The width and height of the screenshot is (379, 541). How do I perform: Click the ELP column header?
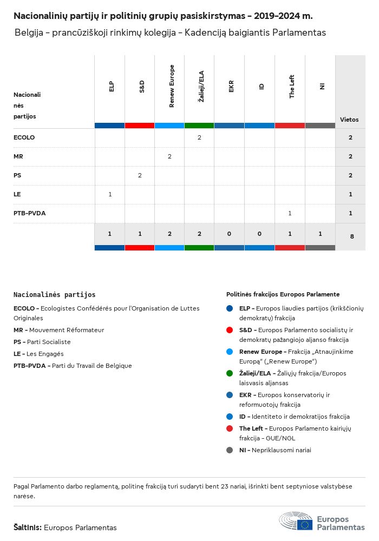[x=111, y=86]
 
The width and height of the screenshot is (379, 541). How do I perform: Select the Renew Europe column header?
[x=172, y=86]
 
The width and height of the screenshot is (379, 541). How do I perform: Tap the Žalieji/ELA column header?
[x=201, y=86]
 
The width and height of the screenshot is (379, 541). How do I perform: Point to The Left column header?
[x=291, y=86]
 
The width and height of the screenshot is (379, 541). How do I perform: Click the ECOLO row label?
[x=24, y=137]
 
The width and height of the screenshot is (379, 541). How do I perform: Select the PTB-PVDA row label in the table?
[x=29, y=213]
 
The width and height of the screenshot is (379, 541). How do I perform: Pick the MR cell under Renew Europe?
[x=169, y=156]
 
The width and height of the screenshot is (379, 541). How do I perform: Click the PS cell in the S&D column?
[x=140, y=175]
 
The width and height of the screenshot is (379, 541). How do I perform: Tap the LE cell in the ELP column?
[x=110, y=194]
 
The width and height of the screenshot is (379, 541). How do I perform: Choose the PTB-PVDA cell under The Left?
[x=290, y=213]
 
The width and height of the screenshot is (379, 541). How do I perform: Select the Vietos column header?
[x=349, y=120]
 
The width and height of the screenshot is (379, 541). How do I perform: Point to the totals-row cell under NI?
[x=320, y=234]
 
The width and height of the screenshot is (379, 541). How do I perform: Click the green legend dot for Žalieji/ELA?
[x=230, y=373]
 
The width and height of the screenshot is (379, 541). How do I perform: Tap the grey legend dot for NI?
[x=230, y=450]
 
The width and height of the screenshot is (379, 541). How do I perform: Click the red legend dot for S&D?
[x=230, y=330]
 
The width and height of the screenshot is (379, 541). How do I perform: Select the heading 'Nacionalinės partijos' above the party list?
[x=54, y=295]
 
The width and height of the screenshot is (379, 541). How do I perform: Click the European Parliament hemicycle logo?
[x=296, y=522]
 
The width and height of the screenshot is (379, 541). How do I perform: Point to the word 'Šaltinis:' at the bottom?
[x=27, y=527]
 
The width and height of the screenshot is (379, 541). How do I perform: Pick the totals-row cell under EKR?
[x=230, y=234]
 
